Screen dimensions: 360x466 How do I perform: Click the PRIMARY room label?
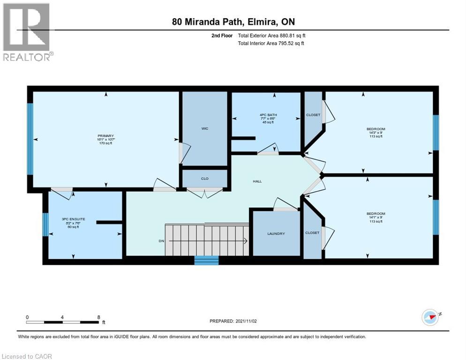click(105, 135)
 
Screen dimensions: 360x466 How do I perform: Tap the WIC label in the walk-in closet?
click(205, 127)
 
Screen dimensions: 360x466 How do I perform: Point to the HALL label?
click(257, 181)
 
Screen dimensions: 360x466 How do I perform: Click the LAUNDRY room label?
click(276, 233)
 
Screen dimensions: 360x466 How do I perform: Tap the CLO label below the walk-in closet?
click(204, 179)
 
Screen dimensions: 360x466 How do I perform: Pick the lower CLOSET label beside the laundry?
click(312, 232)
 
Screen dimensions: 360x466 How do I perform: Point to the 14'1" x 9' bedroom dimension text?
click(376, 217)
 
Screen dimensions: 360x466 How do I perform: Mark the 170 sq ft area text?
click(105, 143)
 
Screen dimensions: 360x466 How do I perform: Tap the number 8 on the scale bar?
click(98, 317)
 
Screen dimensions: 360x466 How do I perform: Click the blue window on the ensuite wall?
click(45, 225)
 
